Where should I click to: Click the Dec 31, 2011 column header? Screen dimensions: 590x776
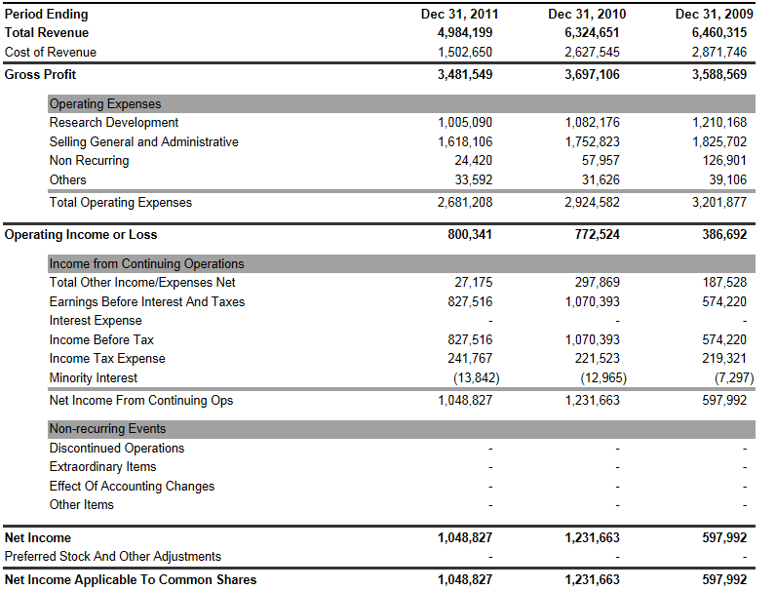460,15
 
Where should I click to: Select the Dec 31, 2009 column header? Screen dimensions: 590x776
714,15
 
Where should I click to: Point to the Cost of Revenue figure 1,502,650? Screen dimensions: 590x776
465,52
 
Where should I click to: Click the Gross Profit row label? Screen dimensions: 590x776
40,74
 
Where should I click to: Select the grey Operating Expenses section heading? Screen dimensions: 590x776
105,104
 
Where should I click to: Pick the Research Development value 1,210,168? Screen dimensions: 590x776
719,123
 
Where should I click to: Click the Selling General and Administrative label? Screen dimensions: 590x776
143,142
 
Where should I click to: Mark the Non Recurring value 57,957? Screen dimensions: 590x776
601,161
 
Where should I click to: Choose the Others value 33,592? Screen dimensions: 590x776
474,179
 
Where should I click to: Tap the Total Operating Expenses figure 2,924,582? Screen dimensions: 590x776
592,203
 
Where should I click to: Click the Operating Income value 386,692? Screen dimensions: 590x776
724,235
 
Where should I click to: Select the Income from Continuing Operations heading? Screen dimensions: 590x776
146,264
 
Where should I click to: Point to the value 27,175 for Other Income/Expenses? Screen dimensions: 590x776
474,283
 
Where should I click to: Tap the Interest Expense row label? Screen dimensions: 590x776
96,321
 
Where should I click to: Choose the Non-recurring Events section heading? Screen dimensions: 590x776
107,429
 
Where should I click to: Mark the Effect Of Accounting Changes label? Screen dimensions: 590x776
132,487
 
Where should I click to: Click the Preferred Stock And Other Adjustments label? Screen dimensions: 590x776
113,557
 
